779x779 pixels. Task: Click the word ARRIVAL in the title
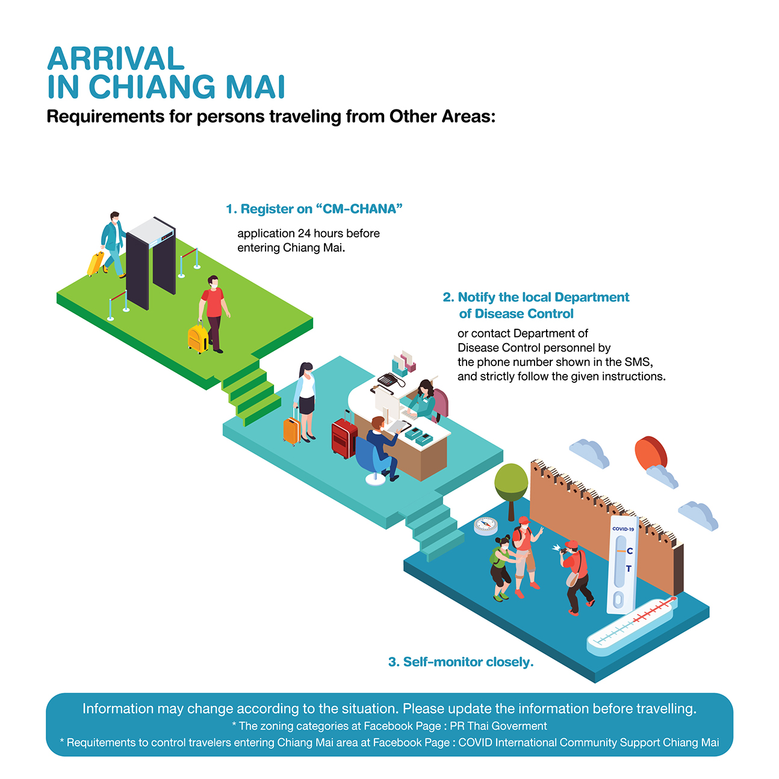116,59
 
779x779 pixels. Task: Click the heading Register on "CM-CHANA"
314,209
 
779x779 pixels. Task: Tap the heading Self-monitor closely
461,662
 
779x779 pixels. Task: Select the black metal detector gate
151,262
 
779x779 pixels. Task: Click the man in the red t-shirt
214,314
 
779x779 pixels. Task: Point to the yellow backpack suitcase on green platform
197,338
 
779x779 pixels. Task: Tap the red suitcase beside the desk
344,437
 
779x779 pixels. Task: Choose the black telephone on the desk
389,379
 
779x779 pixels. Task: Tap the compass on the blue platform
485,526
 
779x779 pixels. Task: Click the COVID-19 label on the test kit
623,529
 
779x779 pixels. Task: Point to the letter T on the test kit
628,569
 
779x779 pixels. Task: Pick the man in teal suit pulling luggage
113,244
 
